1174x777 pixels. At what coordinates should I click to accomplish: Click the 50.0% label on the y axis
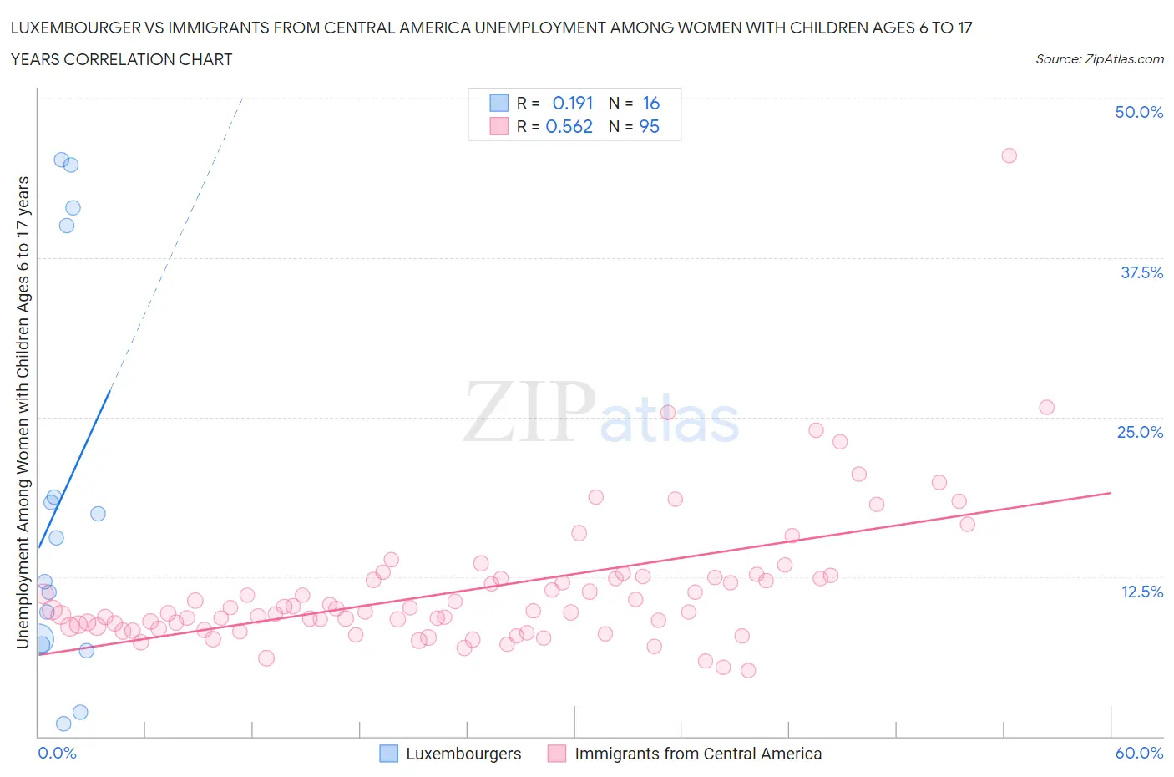1139,112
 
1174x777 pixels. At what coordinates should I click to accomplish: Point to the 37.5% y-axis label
1141,272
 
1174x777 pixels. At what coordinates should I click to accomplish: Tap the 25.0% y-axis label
1140,432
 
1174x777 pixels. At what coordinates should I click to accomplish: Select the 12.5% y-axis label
1141,592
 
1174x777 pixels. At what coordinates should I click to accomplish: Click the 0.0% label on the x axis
58,753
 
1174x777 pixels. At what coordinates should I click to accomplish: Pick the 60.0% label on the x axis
1139,753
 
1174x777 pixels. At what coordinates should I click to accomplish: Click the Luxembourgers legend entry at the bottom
463,754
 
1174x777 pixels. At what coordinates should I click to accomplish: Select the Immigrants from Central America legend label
698,754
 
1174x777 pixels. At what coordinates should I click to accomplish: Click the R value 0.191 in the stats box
573,103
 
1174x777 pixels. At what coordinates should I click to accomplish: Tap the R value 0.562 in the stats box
569,126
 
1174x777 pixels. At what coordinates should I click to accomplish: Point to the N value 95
649,126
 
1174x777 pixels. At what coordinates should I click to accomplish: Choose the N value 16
650,103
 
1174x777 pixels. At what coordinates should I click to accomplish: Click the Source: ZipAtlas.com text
1099,58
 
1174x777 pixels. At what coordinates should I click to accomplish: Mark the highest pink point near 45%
1009,155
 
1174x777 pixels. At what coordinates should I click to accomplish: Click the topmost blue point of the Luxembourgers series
61,160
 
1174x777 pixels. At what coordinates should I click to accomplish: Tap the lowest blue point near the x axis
63,724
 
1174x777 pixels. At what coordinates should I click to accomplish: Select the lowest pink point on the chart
748,670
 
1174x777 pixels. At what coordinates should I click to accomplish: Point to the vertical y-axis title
23,413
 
